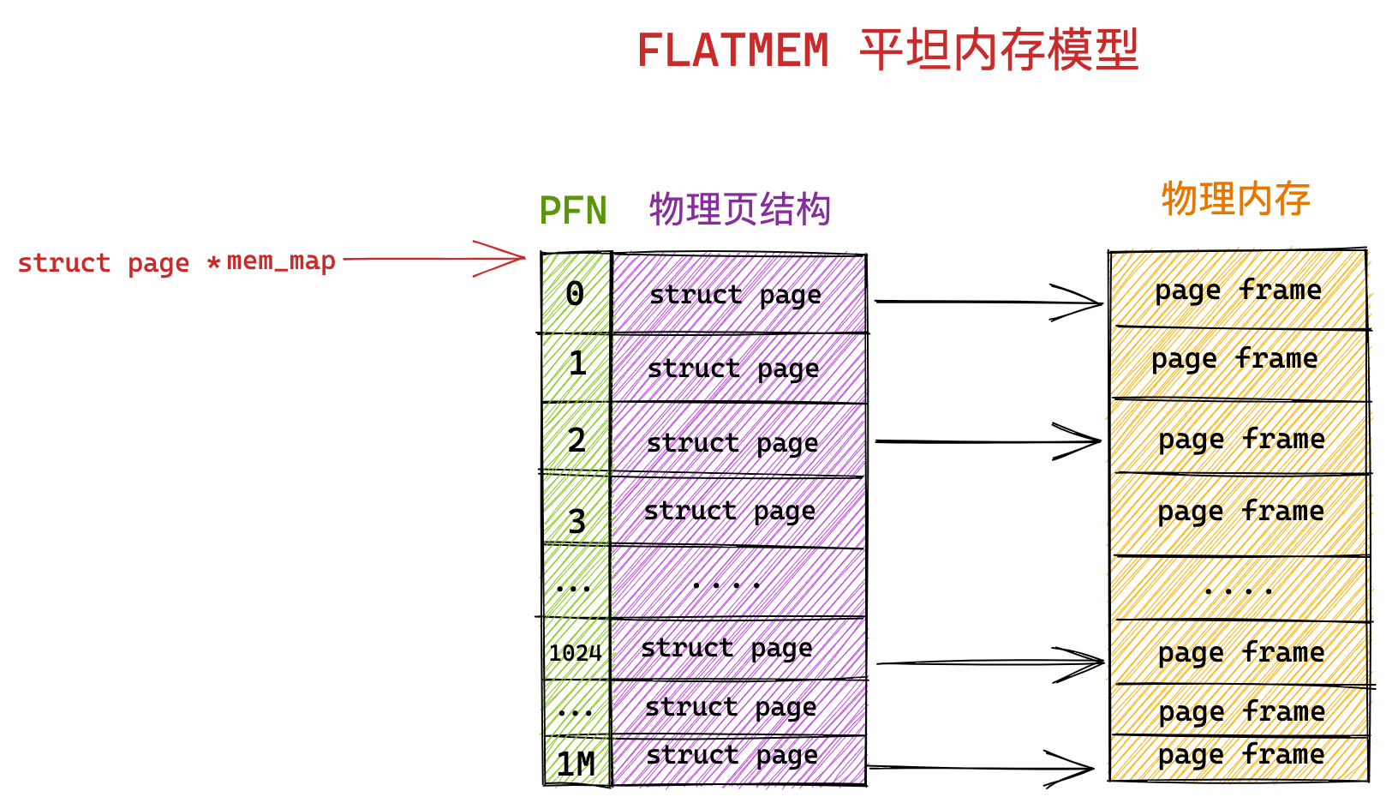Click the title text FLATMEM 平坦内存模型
click(887, 50)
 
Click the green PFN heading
click(572, 211)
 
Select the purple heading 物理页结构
click(739, 209)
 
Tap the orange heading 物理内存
click(1235, 199)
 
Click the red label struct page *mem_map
click(176, 262)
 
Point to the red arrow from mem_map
click(433, 258)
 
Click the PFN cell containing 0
click(576, 294)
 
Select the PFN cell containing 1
click(577, 366)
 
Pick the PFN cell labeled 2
click(577, 440)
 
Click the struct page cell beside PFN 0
click(738, 294)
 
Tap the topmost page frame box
click(1238, 291)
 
